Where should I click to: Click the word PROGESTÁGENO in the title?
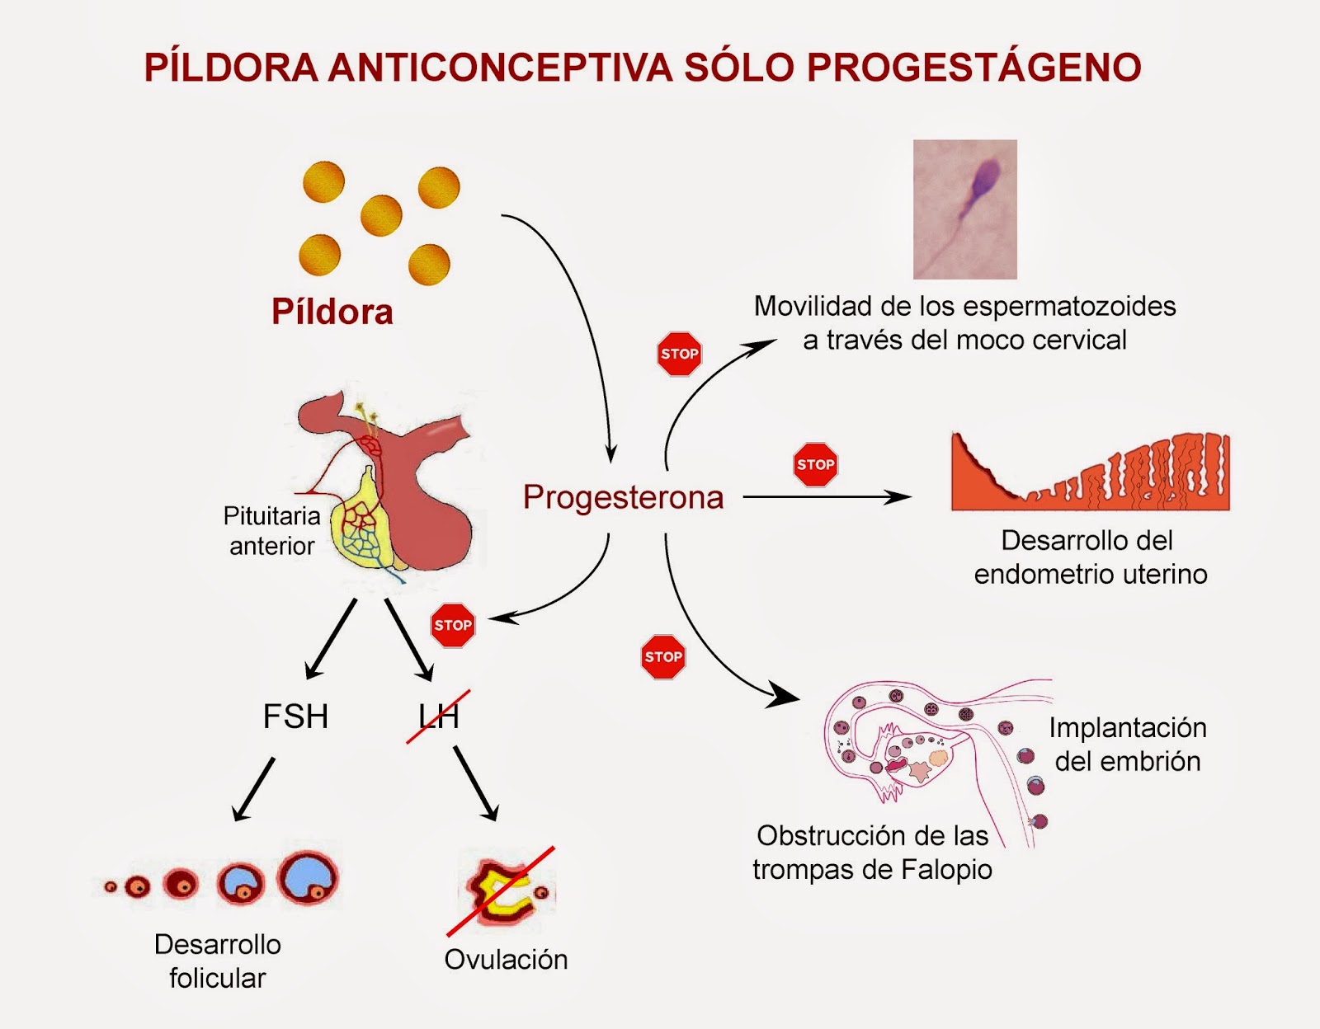click(x=973, y=68)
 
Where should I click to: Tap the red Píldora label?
click(x=332, y=312)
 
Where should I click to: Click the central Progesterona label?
click(x=624, y=497)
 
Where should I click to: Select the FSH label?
click(x=295, y=717)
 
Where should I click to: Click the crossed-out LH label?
click(x=438, y=717)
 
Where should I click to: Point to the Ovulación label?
click(x=506, y=960)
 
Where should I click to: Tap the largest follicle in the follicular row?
click(x=309, y=878)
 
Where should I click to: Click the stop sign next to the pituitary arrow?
click(x=453, y=625)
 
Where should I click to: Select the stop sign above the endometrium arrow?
click(x=815, y=464)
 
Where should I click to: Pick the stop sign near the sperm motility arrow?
click(x=679, y=355)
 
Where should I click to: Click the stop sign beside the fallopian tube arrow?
click(x=663, y=657)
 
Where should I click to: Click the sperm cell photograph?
click(x=964, y=209)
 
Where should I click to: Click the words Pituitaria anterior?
click(x=271, y=531)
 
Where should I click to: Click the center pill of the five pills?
click(x=381, y=215)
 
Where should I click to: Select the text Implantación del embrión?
click(x=1128, y=745)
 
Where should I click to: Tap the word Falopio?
click(x=946, y=870)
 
